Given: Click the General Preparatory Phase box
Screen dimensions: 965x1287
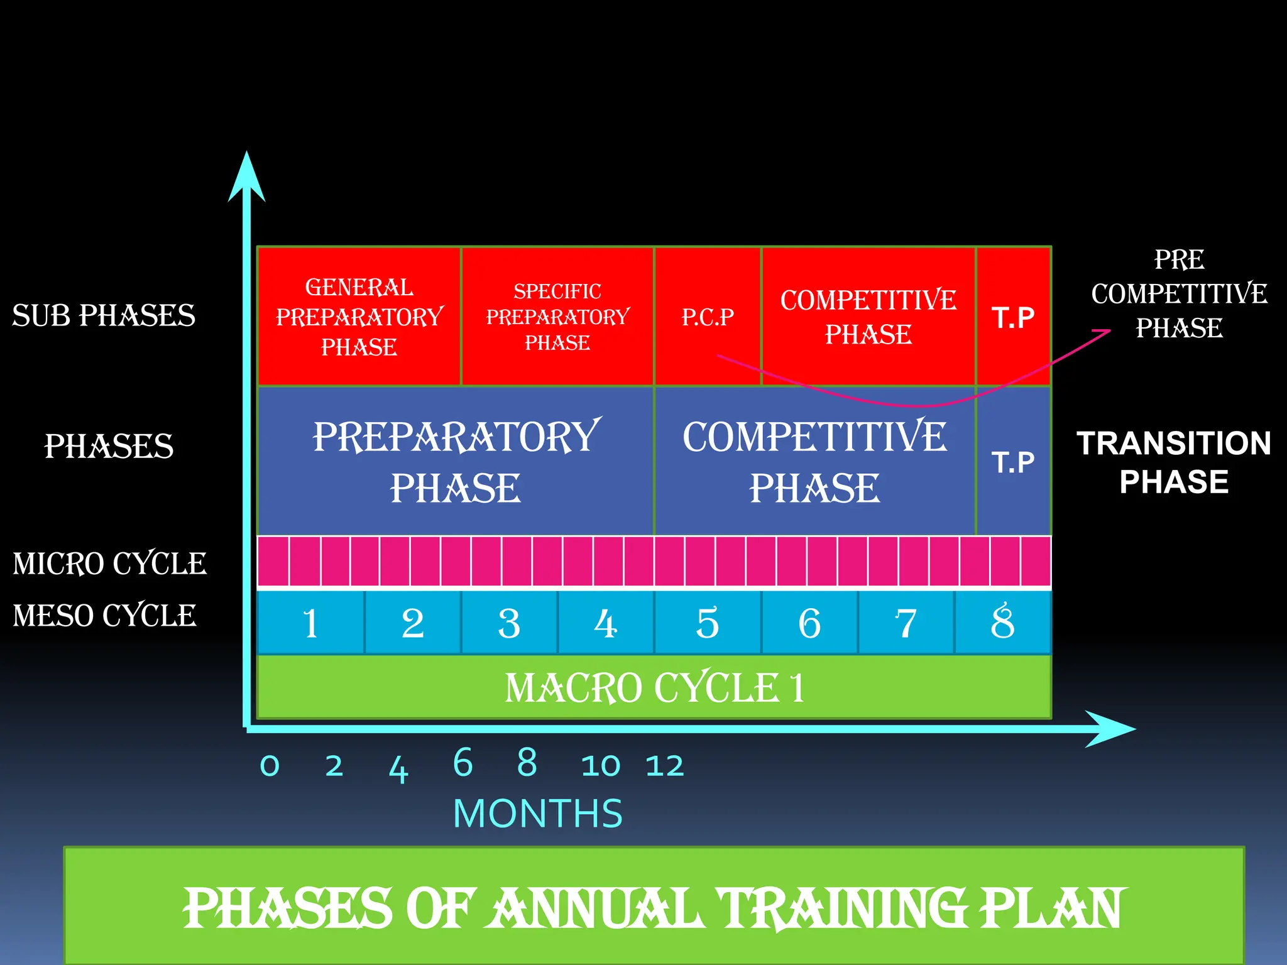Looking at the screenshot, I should coord(359,317).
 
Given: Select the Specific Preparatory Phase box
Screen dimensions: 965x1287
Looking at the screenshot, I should coord(557,317).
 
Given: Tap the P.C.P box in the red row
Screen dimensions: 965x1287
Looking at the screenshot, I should coord(708,317).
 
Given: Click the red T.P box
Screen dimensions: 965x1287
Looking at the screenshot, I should coord(1013,317).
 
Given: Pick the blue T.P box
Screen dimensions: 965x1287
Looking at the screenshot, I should coord(1013,462).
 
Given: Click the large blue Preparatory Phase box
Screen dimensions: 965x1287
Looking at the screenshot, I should coord(456,462).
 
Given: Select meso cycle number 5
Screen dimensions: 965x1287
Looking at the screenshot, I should coord(708,623).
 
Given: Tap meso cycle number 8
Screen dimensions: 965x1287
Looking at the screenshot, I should coord(1002,623).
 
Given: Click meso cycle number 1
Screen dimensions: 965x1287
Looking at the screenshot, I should coord(310,623).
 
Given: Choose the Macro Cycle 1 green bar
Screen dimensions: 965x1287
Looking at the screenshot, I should coord(654,687).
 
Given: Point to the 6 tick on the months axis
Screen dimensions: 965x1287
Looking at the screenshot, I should coord(463,763).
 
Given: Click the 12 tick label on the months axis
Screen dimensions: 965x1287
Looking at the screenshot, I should coord(665,766).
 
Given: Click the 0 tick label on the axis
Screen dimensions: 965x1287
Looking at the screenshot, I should coord(270,766).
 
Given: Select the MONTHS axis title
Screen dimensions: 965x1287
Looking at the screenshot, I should coord(538,814).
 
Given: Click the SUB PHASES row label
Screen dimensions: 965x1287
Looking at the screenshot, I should coord(104,315).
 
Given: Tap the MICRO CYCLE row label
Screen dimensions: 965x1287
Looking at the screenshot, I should coord(109,564).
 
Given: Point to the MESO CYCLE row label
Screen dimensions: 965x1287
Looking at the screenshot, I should coord(104,615).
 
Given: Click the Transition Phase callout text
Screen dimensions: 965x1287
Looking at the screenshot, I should coord(1173,462).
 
